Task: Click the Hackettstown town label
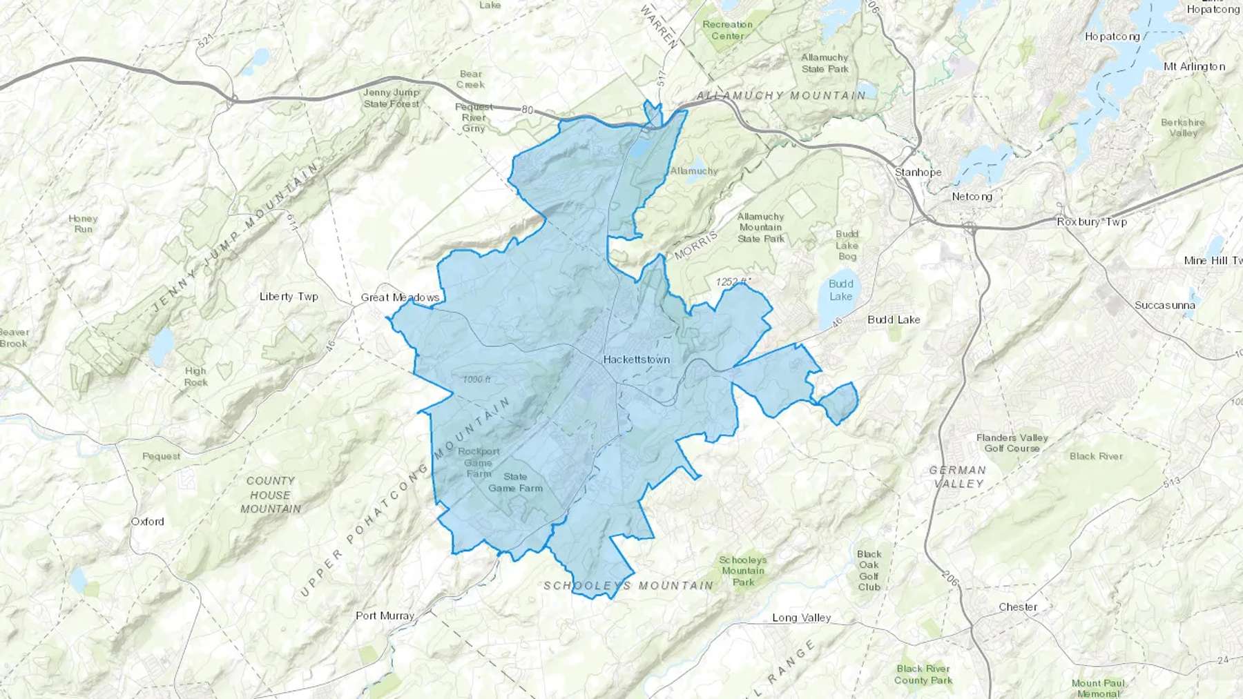click(x=636, y=360)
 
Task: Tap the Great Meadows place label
click(x=400, y=297)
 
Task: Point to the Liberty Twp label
click(x=289, y=297)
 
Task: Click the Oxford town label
click(x=148, y=521)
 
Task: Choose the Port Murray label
click(x=385, y=616)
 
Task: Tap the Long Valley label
click(x=801, y=618)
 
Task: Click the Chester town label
click(x=1018, y=607)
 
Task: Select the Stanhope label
click(x=918, y=172)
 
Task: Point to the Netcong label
click(x=972, y=197)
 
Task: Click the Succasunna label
click(x=1165, y=305)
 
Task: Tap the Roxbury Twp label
click(x=1092, y=221)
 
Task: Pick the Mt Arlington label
click(x=1194, y=66)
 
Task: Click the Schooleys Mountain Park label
click(x=743, y=571)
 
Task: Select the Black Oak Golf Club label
click(x=869, y=571)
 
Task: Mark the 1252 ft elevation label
click(x=732, y=282)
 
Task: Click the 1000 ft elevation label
click(x=477, y=380)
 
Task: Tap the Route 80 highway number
click(x=528, y=110)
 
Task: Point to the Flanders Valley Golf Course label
click(x=1012, y=443)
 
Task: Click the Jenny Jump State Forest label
click(x=392, y=98)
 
